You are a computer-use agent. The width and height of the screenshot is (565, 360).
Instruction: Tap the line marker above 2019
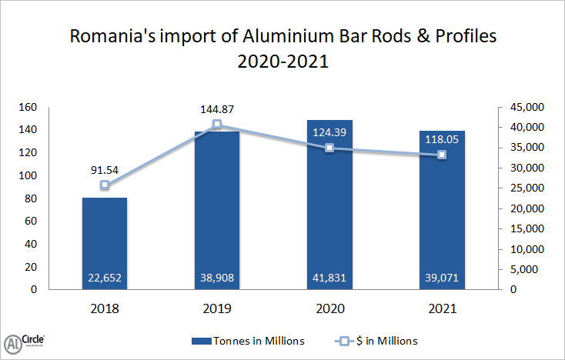coord(217,125)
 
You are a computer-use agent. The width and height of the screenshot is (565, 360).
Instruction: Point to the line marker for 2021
coord(442,155)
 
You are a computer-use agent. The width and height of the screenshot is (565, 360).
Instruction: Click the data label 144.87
coord(217,108)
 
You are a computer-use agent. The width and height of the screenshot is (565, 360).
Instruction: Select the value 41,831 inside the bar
coord(329,278)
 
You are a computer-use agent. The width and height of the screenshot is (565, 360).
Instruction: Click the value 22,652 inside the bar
coord(105,278)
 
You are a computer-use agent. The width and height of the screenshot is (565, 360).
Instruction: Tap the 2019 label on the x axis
coord(217,309)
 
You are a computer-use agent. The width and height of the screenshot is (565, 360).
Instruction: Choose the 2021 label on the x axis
coord(442,309)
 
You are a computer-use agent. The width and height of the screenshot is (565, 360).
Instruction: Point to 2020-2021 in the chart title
coord(282,62)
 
